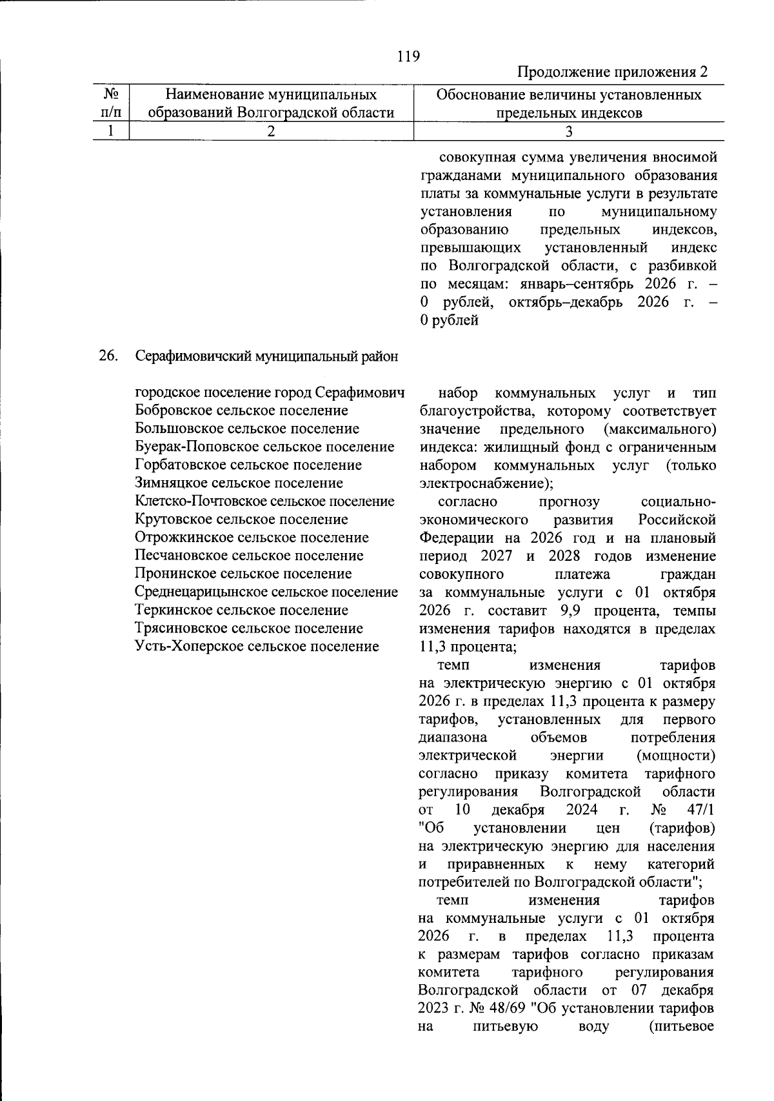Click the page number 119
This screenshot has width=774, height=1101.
pyautogui.click(x=408, y=56)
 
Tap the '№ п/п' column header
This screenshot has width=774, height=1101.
pyautogui.click(x=110, y=103)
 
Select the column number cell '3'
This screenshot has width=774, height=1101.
pyautogui.click(x=568, y=132)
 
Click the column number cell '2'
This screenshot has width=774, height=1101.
pyautogui.click(x=271, y=132)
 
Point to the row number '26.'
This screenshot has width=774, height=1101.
pyautogui.click(x=108, y=356)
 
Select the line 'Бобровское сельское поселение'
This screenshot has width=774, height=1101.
pyautogui.click(x=242, y=410)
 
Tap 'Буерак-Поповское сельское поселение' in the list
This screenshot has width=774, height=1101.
pyautogui.click(x=265, y=447)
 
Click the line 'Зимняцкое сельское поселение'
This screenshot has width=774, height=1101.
pyautogui.click(x=239, y=483)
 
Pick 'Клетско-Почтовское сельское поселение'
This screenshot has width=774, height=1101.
pyautogui.click(x=265, y=501)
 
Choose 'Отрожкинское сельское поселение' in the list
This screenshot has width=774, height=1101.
pyautogui.click(x=252, y=538)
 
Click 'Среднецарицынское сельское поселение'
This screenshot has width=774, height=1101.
pyautogui.click(x=266, y=592)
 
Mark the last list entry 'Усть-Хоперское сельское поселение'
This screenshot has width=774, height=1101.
pyautogui.click(x=257, y=646)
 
